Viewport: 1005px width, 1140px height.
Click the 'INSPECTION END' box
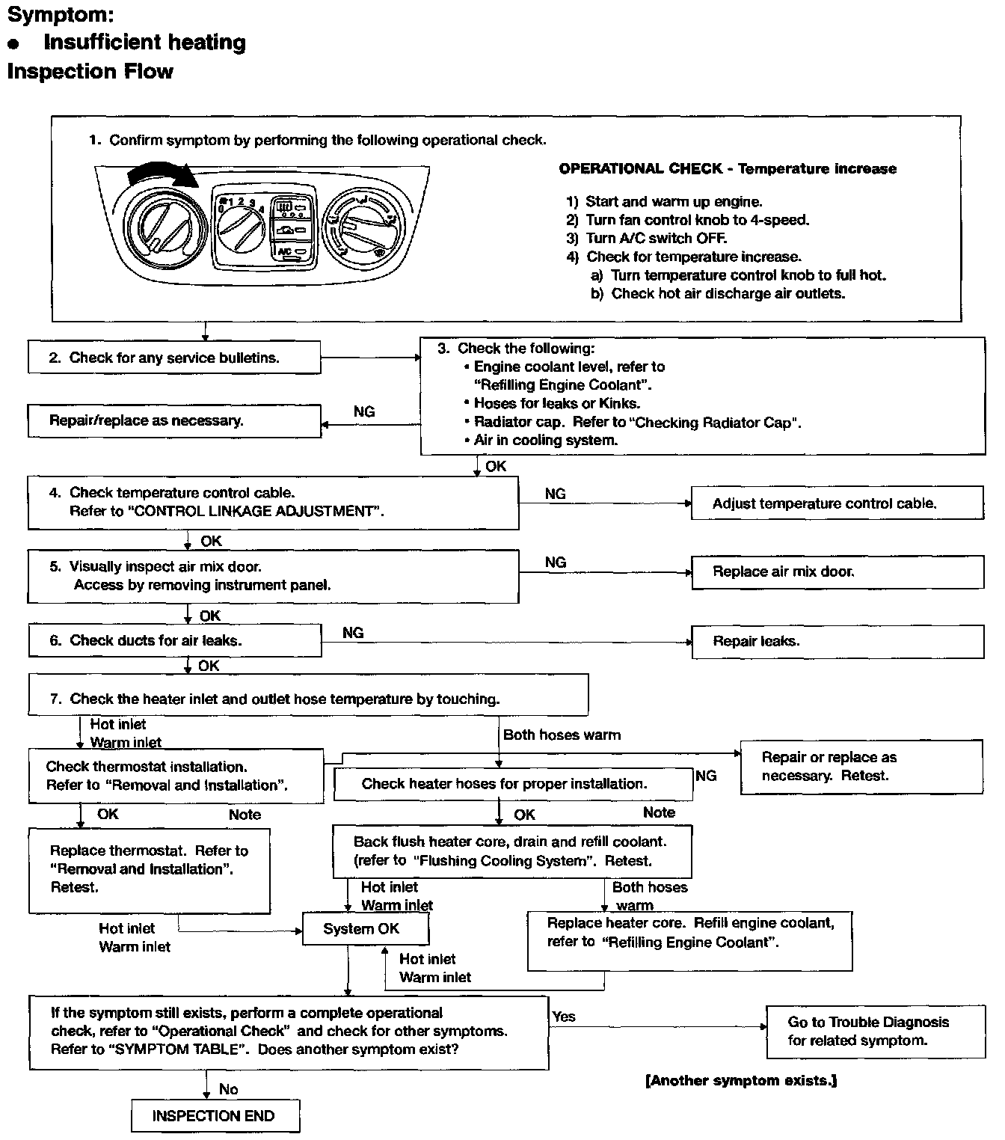click(x=215, y=1116)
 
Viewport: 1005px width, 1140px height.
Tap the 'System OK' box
click(x=365, y=929)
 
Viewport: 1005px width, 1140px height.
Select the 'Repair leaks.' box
click(x=837, y=642)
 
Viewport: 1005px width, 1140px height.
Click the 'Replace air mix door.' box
click(x=837, y=572)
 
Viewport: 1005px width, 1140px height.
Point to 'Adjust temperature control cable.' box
click(x=837, y=503)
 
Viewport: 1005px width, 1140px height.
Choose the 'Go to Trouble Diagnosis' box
click(x=875, y=1031)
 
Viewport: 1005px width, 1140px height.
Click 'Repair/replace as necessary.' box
click(x=174, y=420)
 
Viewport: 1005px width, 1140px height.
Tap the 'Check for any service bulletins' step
click(x=174, y=358)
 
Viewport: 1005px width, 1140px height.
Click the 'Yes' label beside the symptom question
click(x=564, y=1017)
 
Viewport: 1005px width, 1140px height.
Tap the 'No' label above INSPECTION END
click(x=229, y=1089)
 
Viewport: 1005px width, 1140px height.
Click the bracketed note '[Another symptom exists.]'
click(x=740, y=1080)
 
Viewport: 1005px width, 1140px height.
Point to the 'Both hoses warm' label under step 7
click(x=562, y=735)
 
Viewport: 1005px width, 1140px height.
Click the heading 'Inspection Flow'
click(x=90, y=72)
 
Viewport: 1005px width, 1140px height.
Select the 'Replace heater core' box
click(x=689, y=940)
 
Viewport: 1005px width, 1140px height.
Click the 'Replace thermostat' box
click(x=149, y=870)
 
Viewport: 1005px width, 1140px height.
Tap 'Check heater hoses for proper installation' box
click(x=513, y=784)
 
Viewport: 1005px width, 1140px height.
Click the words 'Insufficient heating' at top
click(x=144, y=43)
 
